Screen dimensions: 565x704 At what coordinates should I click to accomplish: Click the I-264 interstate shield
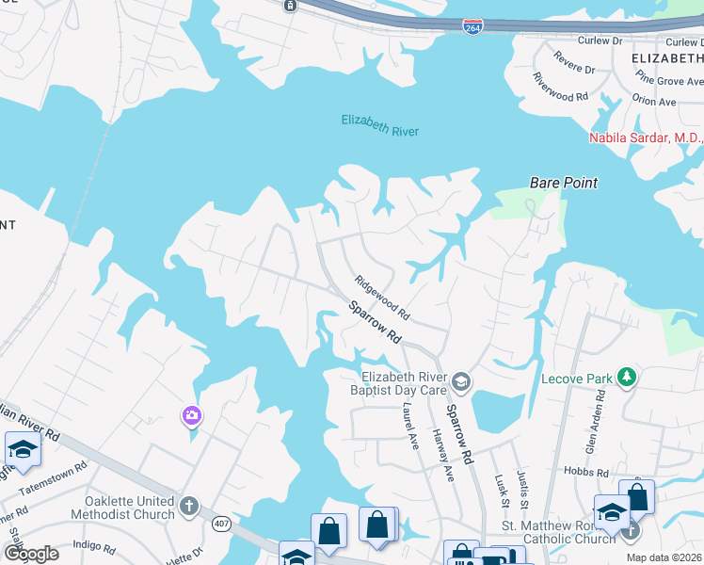473,25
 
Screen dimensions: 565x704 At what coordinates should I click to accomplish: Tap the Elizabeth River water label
380,125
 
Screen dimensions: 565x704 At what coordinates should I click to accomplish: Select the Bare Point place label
564,183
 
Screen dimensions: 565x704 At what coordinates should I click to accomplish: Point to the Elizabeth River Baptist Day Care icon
460,381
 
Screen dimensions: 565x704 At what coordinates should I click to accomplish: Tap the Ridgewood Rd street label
383,296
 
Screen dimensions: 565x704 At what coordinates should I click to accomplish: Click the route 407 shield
222,524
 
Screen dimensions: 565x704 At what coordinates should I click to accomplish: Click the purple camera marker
192,415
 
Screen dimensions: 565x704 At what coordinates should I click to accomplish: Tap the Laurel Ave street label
409,426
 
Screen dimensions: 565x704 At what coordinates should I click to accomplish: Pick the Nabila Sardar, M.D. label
646,138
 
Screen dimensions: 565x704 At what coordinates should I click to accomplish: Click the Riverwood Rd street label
560,88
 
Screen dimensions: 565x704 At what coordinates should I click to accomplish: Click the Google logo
30,554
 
